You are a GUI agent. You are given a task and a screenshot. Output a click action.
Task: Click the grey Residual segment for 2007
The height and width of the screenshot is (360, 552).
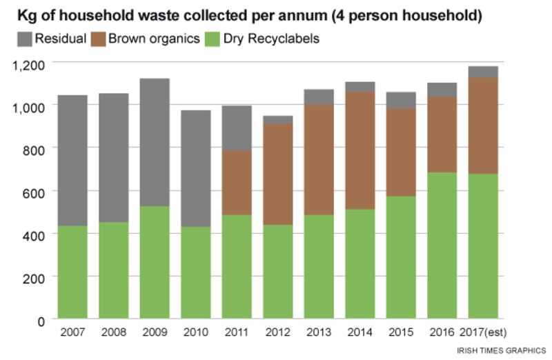(72, 160)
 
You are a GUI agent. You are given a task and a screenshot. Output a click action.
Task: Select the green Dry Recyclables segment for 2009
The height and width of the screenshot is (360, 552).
(155, 263)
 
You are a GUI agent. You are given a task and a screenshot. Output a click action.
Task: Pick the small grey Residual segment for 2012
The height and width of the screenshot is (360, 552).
(278, 120)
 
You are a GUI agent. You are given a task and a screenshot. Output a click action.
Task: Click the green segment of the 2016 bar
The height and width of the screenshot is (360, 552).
(442, 246)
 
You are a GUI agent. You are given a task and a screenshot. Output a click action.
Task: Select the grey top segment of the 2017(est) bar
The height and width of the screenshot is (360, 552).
(482, 72)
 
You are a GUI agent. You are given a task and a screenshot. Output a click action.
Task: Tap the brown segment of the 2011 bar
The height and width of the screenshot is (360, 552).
(237, 183)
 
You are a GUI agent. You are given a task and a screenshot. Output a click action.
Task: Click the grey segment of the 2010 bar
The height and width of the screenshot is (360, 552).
(195, 168)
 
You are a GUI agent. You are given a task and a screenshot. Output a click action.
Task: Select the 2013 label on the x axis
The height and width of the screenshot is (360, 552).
(319, 332)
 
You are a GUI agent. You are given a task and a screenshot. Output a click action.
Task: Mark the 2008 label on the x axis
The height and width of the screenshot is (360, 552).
(114, 332)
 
